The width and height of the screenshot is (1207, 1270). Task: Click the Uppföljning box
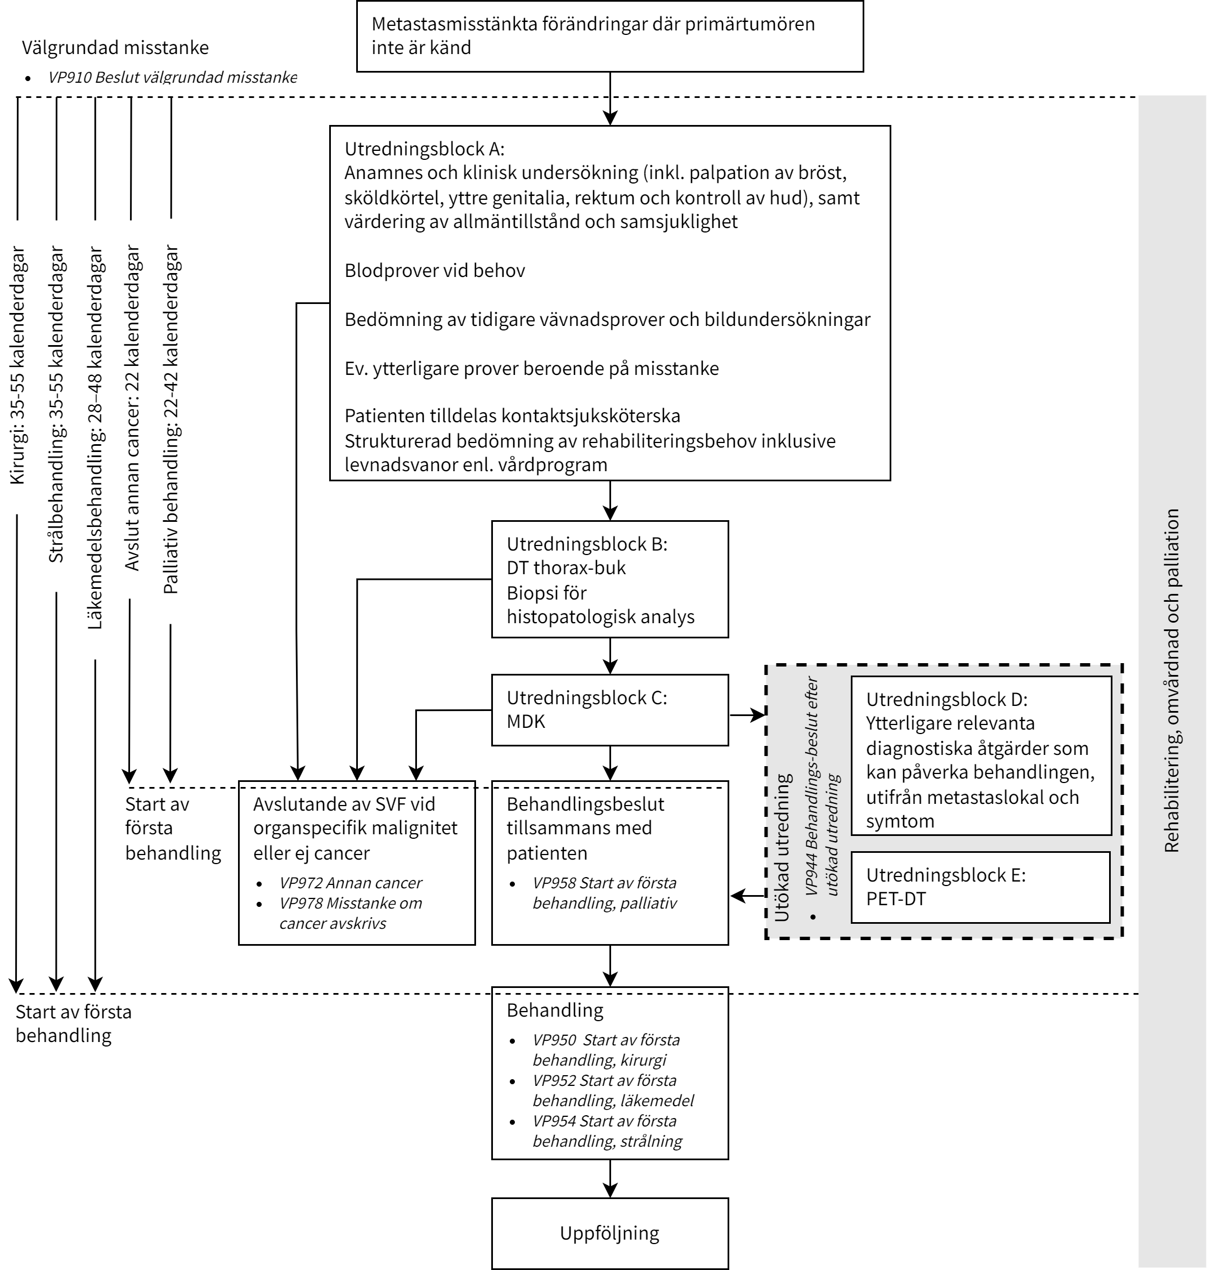pos(609,1233)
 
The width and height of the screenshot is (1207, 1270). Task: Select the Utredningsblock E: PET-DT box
pos(981,887)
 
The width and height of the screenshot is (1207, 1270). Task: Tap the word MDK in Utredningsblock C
pos(526,722)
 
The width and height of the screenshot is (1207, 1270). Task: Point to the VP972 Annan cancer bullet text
pos(351,883)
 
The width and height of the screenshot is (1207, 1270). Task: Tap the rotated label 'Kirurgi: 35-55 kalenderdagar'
pos(17,365)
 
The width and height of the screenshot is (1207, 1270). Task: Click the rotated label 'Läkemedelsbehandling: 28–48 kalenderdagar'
pos(95,438)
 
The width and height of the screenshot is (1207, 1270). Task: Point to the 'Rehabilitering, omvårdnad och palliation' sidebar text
pos(1172,681)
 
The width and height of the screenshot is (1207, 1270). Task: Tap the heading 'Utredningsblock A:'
pos(425,149)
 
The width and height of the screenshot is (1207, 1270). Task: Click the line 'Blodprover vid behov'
pos(435,270)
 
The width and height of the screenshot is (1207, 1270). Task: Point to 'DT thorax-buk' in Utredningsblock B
pos(566,568)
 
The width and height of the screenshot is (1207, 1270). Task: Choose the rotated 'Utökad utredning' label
pos(782,848)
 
